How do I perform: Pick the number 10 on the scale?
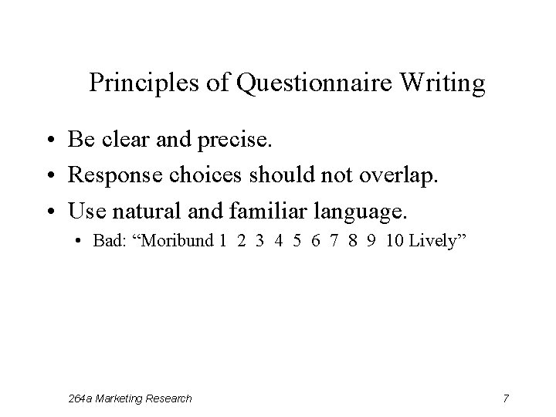pyautogui.click(x=393, y=240)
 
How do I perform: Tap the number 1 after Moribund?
pyautogui.click(x=222, y=240)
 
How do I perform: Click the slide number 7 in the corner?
pyautogui.click(x=505, y=398)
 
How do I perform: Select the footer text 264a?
pyautogui.click(x=80, y=398)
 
